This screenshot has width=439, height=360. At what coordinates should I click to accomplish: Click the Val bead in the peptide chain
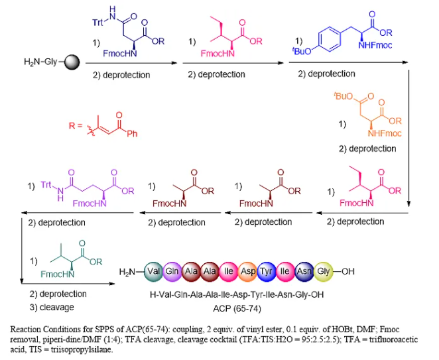pyautogui.click(x=154, y=272)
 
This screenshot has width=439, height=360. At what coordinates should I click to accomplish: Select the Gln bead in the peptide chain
pyautogui.click(x=173, y=272)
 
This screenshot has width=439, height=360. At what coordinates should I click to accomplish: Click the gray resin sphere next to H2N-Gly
pyautogui.click(x=71, y=63)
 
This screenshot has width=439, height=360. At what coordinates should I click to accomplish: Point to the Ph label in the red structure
pyautogui.click(x=132, y=134)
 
